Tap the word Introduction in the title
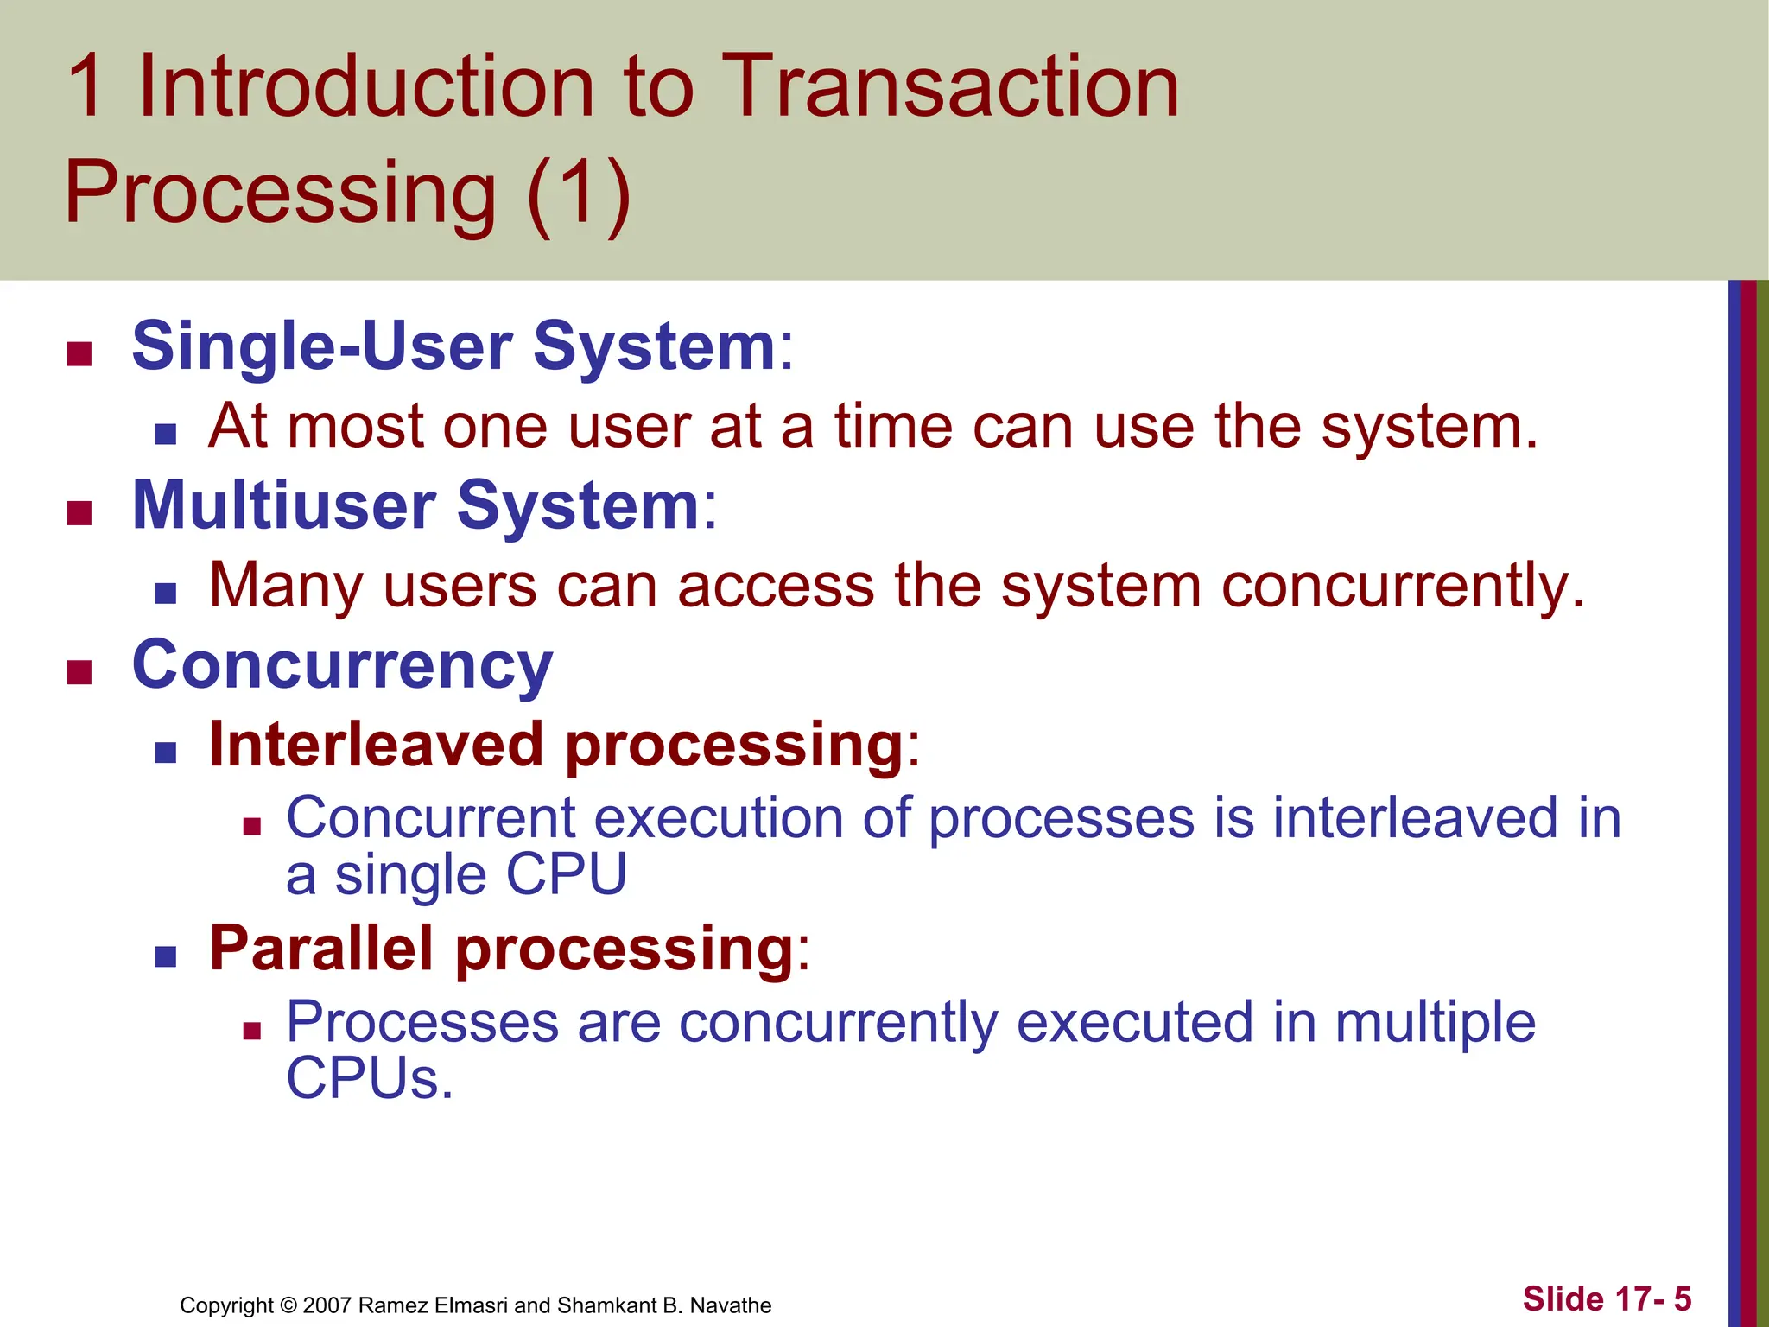tap(366, 86)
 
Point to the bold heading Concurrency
tap(342, 667)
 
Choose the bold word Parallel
tap(321, 949)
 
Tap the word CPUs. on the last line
tap(370, 1080)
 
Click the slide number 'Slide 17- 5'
tap(1607, 1298)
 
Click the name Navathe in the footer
tap(731, 1305)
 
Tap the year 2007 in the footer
tap(327, 1305)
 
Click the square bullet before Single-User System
tap(79, 354)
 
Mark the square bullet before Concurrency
tap(79, 672)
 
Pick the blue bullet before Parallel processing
tap(166, 956)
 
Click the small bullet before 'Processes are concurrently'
tap(251, 1030)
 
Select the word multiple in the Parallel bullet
tap(1435, 1023)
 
